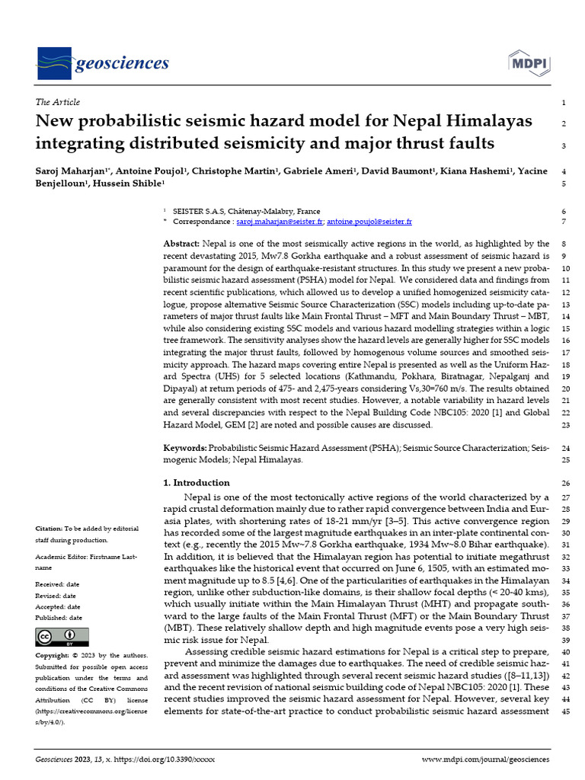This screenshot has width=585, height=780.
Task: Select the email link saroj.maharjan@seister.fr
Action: coord(280,222)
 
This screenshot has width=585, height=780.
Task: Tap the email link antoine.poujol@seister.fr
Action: coord(369,222)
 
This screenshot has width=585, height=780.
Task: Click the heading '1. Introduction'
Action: coord(197,482)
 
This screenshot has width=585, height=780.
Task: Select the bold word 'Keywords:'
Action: coord(186,449)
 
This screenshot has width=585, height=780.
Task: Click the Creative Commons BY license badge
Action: coord(62,637)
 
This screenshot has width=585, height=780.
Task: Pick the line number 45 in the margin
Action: coord(564,711)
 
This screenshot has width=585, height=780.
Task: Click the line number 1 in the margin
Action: coord(563,102)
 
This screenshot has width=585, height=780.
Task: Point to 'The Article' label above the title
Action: coord(58,102)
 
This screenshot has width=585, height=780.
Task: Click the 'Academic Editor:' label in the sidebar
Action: coord(62,558)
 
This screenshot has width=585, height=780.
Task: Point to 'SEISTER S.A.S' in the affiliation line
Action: coord(198,211)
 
